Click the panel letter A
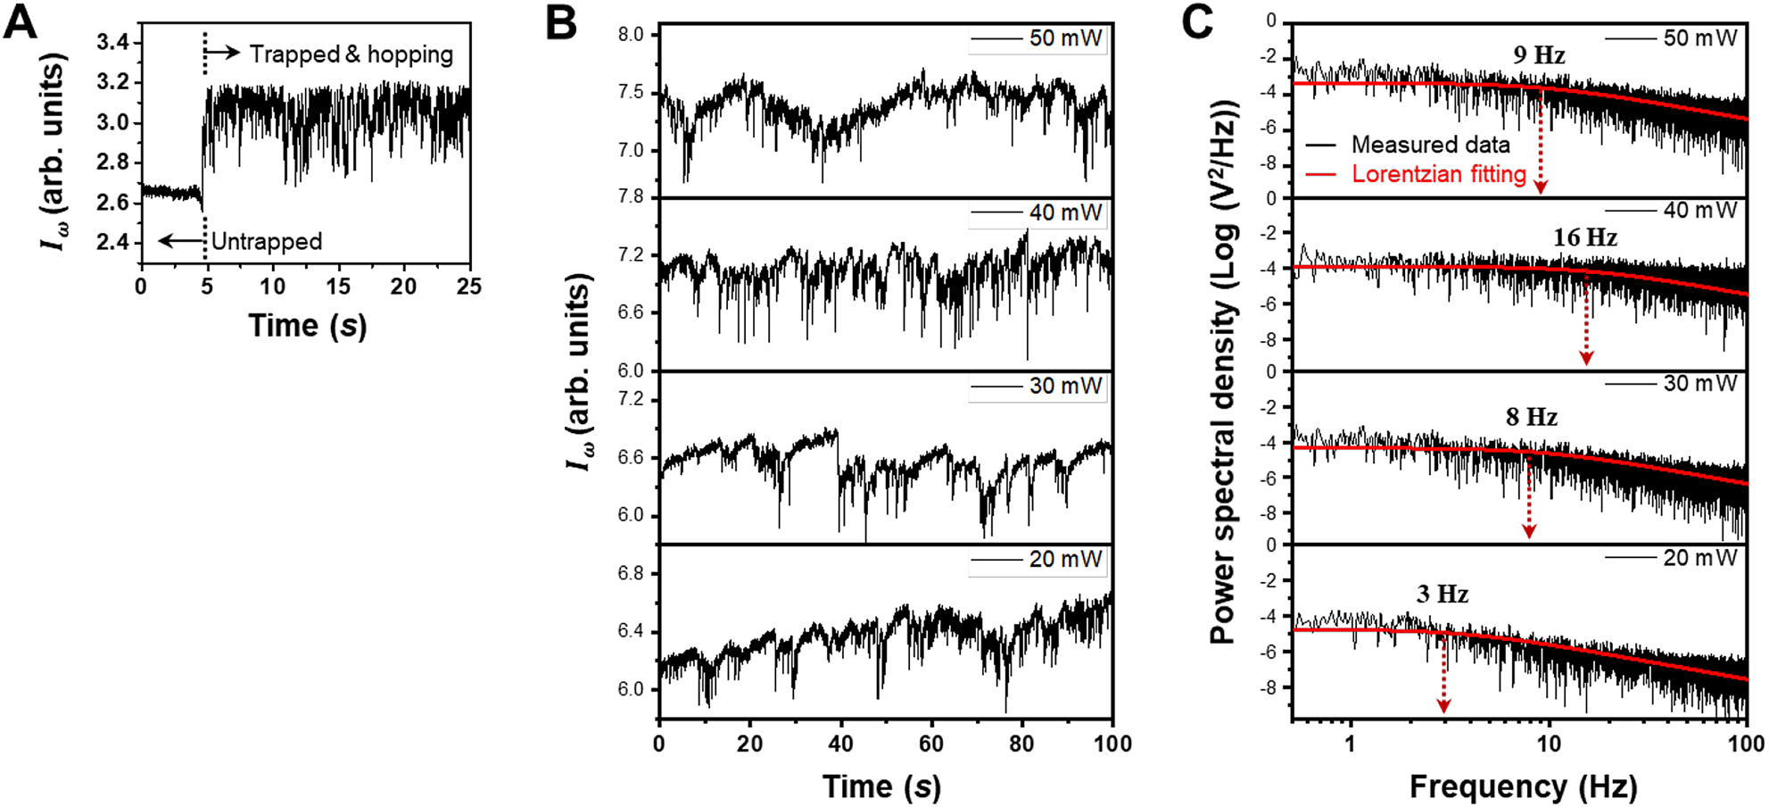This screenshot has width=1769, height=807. pos(21,22)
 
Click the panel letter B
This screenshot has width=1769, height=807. pos(561,22)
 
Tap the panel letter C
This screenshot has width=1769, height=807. pos(1197,22)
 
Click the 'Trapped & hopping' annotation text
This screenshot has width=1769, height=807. pos(351,54)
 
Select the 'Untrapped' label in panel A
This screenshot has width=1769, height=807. pos(267,242)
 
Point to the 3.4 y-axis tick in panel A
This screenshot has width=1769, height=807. pos(113,43)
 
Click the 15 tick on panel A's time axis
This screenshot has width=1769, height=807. pos(338,287)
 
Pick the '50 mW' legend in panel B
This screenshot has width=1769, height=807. pos(1065,38)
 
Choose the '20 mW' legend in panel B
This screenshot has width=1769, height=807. pos(1065,560)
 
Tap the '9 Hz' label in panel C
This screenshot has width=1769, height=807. pos(1539,55)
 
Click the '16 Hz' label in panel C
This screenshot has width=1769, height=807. pos(1584,237)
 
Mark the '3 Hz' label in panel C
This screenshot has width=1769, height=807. pos(1442,595)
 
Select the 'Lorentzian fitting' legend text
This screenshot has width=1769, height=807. pos(1438,174)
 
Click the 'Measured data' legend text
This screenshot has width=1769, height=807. pos(1430,145)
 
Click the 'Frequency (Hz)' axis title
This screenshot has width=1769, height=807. pos(1523,786)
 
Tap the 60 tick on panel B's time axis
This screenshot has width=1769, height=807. pos(931,744)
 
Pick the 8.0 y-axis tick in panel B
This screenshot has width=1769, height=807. pos(631,35)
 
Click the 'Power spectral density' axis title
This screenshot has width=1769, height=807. pos(1223,370)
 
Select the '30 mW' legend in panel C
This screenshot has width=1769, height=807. pos(1699,384)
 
